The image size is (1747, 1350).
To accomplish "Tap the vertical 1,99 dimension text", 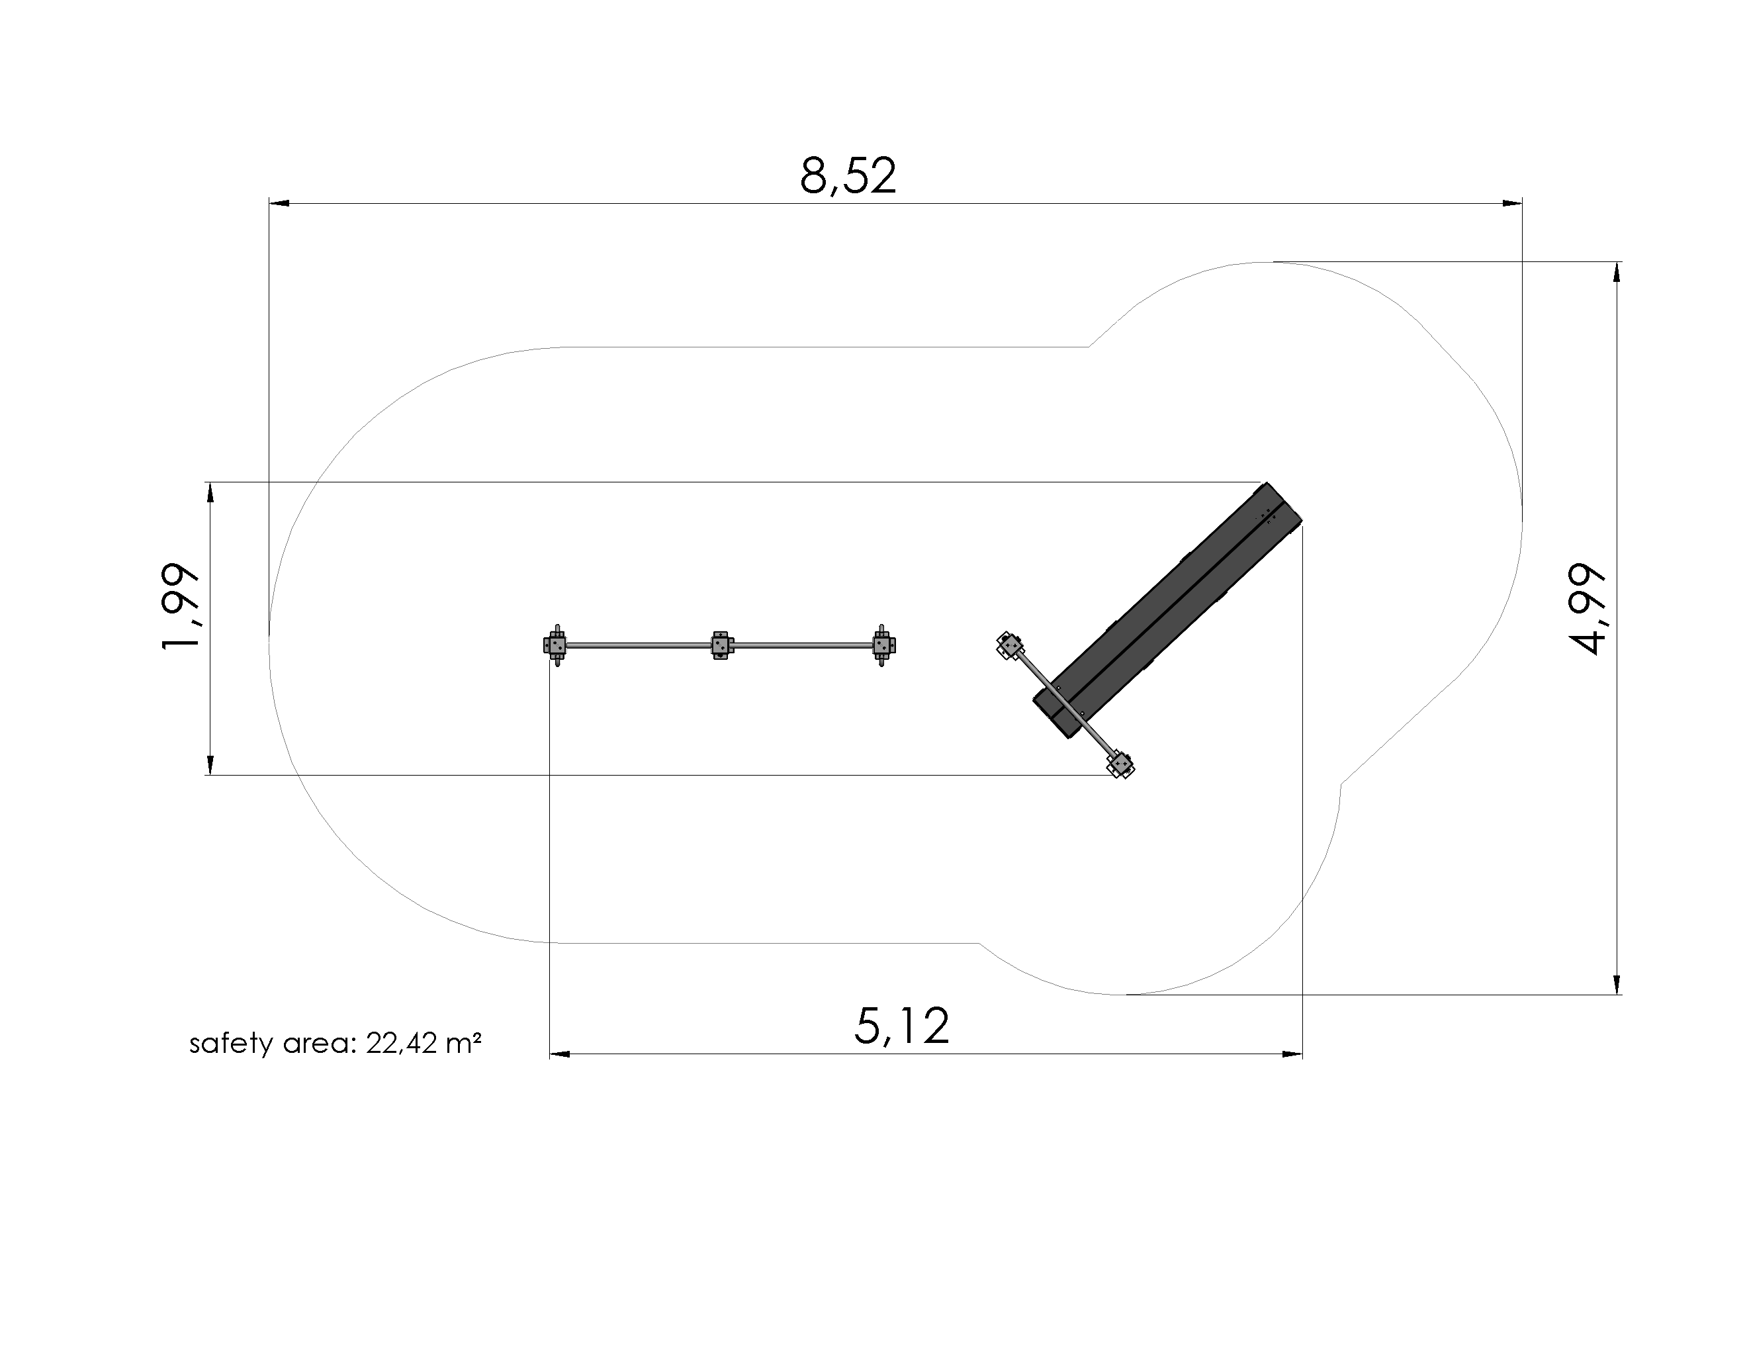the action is pos(180,606).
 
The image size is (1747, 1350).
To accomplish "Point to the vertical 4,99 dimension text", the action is pos(1586,609).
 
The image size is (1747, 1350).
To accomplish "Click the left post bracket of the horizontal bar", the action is pos(556,645).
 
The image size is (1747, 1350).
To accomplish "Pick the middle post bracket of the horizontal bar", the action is pos(721,645).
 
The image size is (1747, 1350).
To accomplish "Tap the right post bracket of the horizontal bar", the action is pos(883,645).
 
